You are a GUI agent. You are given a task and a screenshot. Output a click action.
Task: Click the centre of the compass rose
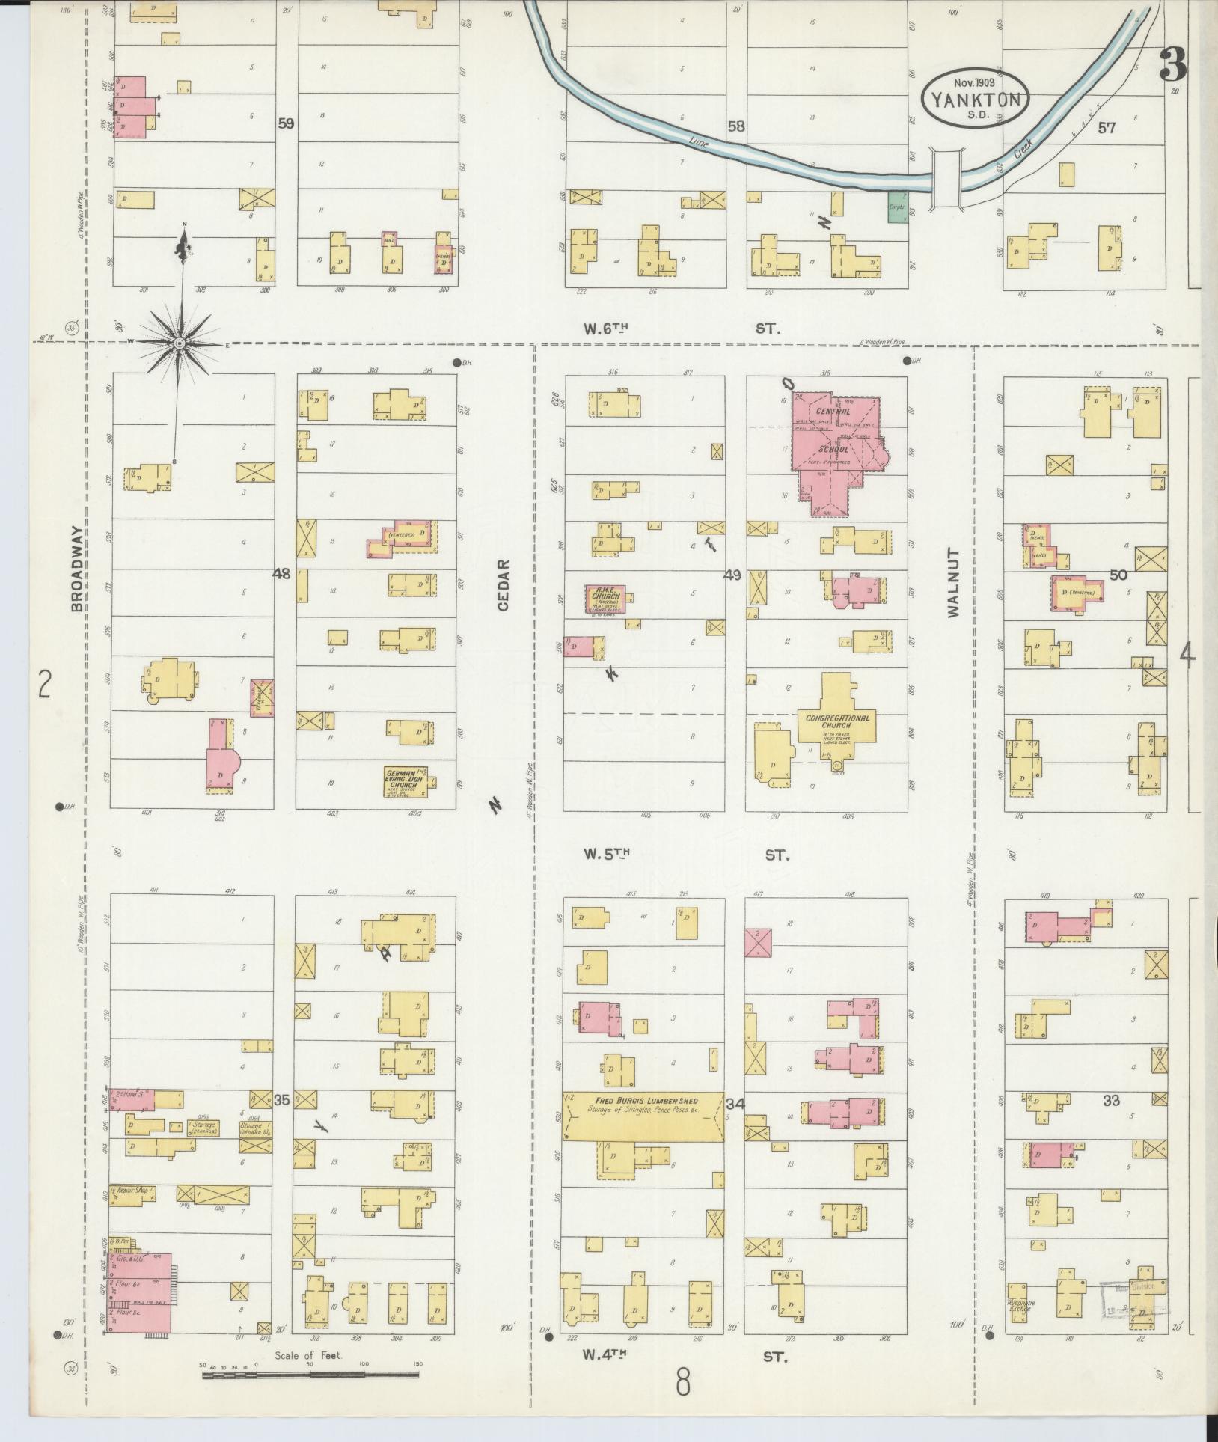point(180,343)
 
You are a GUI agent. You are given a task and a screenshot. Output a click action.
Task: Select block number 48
point(281,574)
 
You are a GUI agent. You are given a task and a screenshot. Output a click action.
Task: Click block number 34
point(735,1103)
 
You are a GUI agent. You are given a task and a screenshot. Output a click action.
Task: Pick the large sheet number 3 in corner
point(1172,67)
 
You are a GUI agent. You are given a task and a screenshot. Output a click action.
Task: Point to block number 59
point(285,123)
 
